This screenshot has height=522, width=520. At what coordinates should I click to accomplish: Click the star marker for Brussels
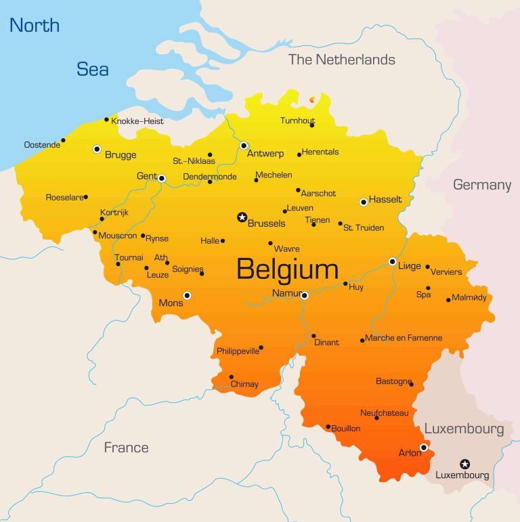pos(242,217)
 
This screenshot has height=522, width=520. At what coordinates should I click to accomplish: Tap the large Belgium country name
pos(287,269)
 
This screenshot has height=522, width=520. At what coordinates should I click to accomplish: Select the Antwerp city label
pos(265,154)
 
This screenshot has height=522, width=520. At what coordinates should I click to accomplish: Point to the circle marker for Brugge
pos(97,149)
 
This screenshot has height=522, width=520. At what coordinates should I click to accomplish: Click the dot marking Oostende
pos(63,141)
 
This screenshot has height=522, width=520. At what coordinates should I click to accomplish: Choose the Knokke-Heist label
pos(137,121)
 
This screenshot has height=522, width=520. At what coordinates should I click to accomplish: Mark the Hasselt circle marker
pos(364,202)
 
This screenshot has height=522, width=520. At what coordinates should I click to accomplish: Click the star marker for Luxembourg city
pos(464,464)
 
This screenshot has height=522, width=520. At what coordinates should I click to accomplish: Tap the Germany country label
pos(482,185)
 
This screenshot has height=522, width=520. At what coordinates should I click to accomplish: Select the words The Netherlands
pos(341,60)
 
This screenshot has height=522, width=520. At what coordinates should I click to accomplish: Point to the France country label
pos(126,448)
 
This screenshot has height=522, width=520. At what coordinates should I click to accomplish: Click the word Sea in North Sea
pos(93,69)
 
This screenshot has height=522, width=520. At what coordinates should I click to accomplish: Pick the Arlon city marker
pos(423,447)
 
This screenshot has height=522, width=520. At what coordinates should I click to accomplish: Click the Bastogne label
pos(393,381)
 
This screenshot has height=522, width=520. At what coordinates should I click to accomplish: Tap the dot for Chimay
pos(232,377)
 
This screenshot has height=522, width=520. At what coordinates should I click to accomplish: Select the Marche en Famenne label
pos(404,338)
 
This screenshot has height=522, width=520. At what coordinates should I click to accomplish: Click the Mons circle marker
pos(187,295)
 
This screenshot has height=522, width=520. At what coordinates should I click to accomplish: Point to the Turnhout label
pos(298,121)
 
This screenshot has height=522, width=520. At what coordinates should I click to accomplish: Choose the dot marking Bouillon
pos(328,427)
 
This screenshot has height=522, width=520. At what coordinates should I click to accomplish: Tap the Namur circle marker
pos(305,295)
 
